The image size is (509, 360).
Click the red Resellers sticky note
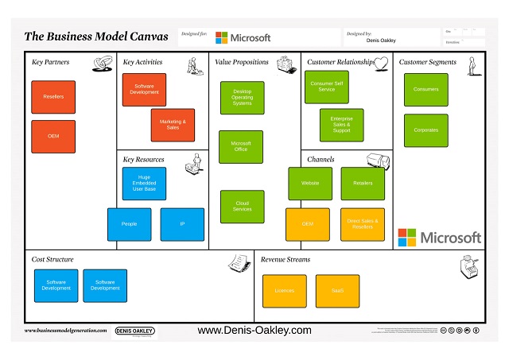53,97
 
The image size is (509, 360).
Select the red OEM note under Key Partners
53,136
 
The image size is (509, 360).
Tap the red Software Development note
144,90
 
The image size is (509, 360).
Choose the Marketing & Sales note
173,125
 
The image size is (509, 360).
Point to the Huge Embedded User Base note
144,183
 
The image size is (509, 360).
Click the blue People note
129,224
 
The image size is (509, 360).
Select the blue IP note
182,224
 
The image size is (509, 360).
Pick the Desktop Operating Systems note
242,98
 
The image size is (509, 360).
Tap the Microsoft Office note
240,147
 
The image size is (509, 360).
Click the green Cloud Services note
242,207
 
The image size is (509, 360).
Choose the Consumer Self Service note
326,87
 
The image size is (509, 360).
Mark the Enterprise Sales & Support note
341,125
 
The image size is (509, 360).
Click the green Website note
310,184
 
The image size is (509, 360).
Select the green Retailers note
362,184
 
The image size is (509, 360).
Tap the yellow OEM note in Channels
307,224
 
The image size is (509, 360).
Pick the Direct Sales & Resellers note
362,224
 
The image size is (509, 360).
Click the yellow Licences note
284,291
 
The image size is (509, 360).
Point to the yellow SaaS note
337,291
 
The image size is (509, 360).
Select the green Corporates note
425,130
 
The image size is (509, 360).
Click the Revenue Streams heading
286,260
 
